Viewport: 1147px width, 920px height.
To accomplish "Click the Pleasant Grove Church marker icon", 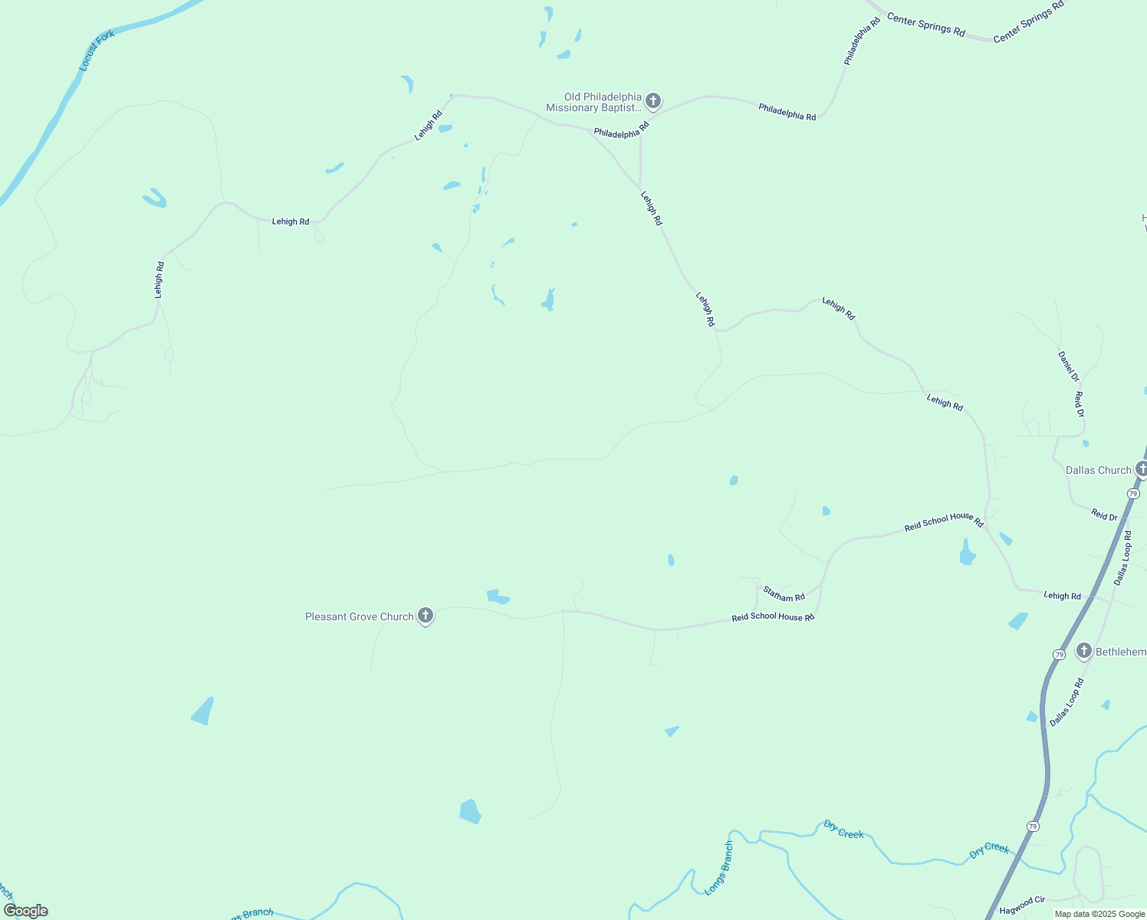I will click(x=425, y=616).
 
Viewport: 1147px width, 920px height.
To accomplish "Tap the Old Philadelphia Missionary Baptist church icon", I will click(x=652, y=100).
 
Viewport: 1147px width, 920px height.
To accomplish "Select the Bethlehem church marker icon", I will click(x=1083, y=651).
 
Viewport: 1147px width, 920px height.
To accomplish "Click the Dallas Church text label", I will click(x=1098, y=470).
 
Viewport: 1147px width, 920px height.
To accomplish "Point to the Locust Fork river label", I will click(x=97, y=51).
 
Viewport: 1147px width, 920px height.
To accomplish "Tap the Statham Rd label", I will click(x=784, y=593).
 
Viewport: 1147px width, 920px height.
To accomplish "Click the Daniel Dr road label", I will click(x=1068, y=366).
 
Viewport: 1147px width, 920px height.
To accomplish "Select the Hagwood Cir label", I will click(x=1022, y=905).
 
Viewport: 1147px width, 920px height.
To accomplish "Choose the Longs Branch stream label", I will click(x=719, y=868).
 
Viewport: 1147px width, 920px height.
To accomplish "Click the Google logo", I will click(x=26, y=911).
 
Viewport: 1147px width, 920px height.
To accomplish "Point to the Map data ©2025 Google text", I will click(x=1099, y=914).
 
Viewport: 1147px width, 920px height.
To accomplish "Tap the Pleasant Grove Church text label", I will click(x=359, y=616).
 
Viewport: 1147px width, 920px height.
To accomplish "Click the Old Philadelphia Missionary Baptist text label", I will click(x=593, y=102).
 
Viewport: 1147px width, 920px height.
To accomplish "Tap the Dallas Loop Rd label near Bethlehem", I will click(x=1066, y=702).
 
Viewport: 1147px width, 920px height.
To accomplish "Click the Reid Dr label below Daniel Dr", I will click(x=1079, y=405).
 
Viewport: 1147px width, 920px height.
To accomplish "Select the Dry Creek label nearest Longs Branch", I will click(x=843, y=830).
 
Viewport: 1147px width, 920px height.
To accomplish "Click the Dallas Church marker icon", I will click(x=1141, y=469).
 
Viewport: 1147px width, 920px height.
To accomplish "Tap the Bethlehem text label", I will click(x=1120, y=652).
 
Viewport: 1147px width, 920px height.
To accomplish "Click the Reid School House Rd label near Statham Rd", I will click(x=772, y=616).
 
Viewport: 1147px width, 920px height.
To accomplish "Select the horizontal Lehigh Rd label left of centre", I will click(x=291, y=222).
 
